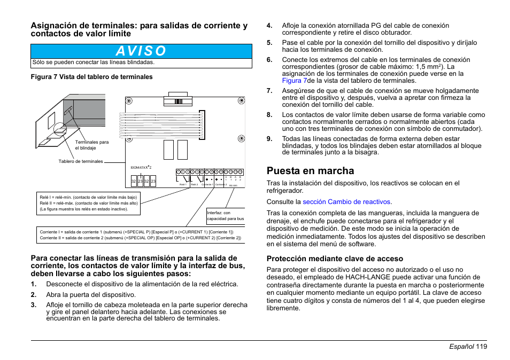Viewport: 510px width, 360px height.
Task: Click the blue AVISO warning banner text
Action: pyautogui.click(x=141, y=51)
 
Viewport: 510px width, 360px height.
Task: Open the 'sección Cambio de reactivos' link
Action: pyautogui.click(x=346, y=202)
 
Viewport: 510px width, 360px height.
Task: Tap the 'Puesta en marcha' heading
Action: pyautogui.click(x=310, y=171)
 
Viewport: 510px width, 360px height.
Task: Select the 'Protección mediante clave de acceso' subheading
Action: pyautogui.click(x=335, y=259)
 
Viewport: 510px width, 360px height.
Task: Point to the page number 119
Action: pyautogui.click(x=480, y=347)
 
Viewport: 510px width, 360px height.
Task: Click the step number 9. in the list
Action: pyautogui.click(x=270, y=139)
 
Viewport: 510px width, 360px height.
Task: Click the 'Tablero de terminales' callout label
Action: pyautogui.click(x=81, y=161)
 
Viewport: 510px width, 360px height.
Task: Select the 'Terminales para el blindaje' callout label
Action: pyautogui.click(x=91, y=145)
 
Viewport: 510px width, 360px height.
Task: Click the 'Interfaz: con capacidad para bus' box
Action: pyautogui.click(x=226, y=216)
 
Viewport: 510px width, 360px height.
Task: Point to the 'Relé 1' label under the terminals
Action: pyautogui.click(x=183, y=184)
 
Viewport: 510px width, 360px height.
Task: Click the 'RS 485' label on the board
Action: pyautogui.click(x=233, y=185)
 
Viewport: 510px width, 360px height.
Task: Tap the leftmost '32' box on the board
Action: pyautogui.click(x=134, y=182)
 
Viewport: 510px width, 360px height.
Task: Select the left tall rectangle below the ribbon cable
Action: pyautogui.click(x=168, y=150)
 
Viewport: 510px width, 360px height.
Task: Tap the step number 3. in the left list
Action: pyautogui.click(x=34, y=305)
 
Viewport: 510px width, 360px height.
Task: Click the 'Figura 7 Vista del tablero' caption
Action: pyautogui.click(x=92, y=77)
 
